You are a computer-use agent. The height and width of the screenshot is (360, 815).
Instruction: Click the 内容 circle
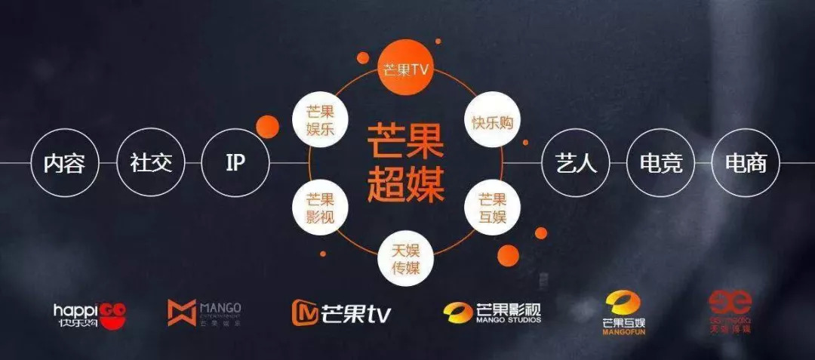(x=65, y=163)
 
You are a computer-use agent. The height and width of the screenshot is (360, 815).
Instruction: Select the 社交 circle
(x=150, y=163)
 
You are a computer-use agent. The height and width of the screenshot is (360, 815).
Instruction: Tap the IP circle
(x=235, y=163)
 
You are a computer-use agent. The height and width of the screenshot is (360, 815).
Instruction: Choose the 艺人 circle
(x=576, y=163)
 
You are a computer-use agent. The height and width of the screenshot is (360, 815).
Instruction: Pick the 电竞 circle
(x=660, y=163)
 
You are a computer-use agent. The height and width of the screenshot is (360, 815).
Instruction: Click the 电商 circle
(x=746, y=163)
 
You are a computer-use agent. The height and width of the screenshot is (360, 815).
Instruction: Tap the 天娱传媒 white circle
(x=406, y=258)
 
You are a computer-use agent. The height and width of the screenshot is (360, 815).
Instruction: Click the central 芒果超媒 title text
(x=406, y=162)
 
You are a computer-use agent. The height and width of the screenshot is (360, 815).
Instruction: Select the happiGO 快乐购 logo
(x=90, y=312)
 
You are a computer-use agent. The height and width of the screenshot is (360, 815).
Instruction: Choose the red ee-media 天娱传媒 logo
(x=729, y=312)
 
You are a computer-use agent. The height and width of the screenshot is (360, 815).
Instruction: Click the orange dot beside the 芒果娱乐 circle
(x=268, y=126)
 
